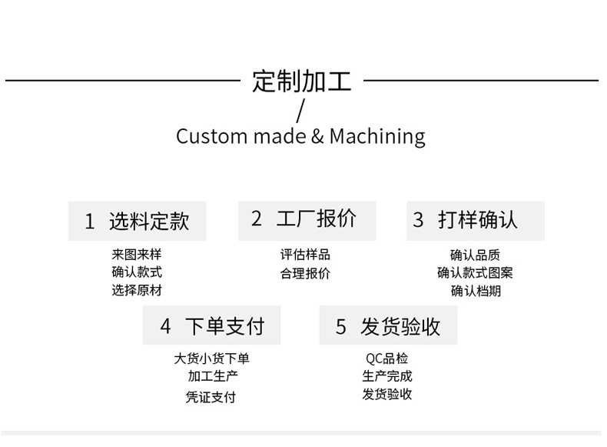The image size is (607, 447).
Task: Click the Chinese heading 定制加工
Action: (x=301, y=81)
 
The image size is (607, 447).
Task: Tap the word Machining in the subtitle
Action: (x=376, y=137)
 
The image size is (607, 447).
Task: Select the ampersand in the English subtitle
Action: (x=318, y=137)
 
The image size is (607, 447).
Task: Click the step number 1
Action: (x=89, y=222)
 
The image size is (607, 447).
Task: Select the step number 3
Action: (x=418, y=221)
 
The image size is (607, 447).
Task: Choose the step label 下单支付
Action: (x=224, y=325)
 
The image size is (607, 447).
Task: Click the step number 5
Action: (x=341, y=326)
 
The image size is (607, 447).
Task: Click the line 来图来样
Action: (x=137, y=255)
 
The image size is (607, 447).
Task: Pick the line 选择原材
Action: (x=137, y=290)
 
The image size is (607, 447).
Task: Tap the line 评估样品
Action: (x=305, y=255)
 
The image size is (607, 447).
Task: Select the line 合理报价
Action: (x=305, y=273)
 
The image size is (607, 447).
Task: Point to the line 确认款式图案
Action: (x=475, y=272)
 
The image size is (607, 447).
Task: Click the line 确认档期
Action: (x=475, y=291)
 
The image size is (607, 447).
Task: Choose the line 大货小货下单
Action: (x=212, y=359)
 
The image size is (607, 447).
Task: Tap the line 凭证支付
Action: (x=211, y=397)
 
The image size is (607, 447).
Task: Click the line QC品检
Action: (x=387, y=359)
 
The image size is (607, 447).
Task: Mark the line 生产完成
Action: (x=387, y=376)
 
